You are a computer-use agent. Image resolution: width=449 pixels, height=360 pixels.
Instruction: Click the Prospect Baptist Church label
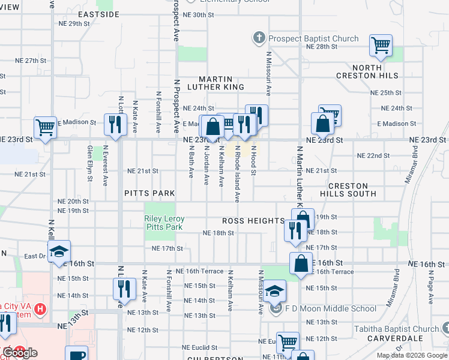click(x=313, y=39)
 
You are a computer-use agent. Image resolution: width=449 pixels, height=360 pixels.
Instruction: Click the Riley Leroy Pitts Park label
click(x=164, y=223)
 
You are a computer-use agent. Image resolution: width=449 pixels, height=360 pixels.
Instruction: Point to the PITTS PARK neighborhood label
click(x=149, y=193)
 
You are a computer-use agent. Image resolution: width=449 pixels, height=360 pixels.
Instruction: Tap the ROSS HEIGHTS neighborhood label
click(x=252, y=221)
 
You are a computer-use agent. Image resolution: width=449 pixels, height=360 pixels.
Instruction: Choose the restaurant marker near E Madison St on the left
click(x=113, y=124)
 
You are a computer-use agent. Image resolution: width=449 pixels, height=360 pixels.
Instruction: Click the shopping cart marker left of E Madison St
click(x=45, y=127)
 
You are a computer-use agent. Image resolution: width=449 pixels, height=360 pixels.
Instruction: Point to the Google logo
click(x=20, y=353)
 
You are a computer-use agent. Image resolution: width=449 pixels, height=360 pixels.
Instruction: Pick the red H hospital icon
click(x=40, y=310)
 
